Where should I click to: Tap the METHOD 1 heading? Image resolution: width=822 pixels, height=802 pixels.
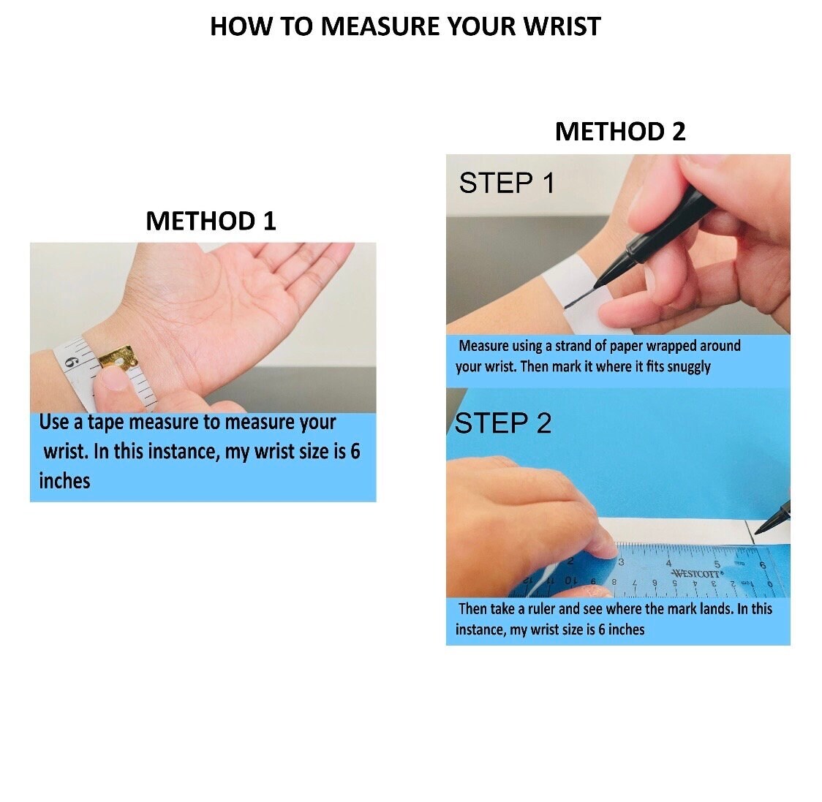pos(211,221)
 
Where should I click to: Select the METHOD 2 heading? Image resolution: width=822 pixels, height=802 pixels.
pos(620,131)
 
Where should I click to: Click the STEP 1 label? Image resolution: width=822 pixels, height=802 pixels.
pos(506,184)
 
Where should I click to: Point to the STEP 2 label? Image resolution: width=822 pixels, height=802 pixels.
pos(503,423)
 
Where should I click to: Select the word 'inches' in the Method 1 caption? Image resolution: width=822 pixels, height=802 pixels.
pos(64,480)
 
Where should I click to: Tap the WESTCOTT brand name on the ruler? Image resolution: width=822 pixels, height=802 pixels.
pos(697,573)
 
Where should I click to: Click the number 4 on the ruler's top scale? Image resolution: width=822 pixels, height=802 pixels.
pos(668,564)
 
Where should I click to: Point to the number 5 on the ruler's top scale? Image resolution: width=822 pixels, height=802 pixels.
pos(717,564)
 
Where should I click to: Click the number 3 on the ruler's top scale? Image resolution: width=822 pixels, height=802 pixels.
pos(621,562)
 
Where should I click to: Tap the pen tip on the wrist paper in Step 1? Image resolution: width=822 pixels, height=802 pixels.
pos(595,288)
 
